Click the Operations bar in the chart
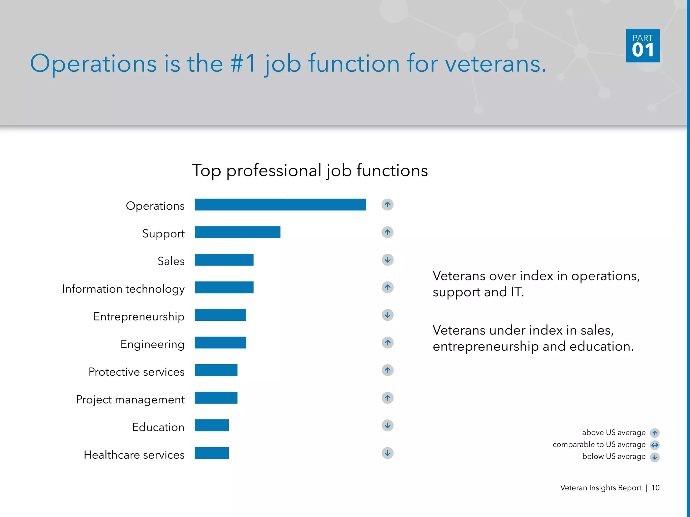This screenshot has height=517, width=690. pos(280,205)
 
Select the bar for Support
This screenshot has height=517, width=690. pos(238,232)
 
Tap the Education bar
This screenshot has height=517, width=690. pos(212,425)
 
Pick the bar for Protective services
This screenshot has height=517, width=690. pos(216,370)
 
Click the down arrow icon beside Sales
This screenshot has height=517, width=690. pos(387,260)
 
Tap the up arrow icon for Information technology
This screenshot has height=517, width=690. pos(387,287)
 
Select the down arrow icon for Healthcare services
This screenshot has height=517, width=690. pos(387,453)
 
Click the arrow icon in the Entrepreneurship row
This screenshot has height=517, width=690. pos(387,315)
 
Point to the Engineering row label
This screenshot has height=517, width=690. pos(152,344)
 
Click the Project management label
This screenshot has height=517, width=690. pos(130,400)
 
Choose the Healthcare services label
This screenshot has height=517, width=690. pos(134,455)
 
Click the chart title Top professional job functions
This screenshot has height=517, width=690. pos(310,171)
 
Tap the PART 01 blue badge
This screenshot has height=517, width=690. pos(642,45)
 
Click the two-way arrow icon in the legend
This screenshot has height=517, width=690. pos(655,445)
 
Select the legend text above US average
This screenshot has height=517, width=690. pos(614,433)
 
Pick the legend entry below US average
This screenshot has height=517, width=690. pos(614,456)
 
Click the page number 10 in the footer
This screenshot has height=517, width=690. pos(655,488)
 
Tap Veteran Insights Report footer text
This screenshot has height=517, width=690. pos(600,488)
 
